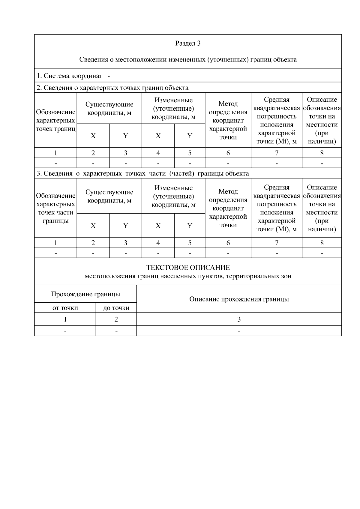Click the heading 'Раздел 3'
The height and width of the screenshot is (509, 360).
pos(188,43)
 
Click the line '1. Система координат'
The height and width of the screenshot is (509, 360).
pos(70,76)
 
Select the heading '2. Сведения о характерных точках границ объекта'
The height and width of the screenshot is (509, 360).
pos(112,88)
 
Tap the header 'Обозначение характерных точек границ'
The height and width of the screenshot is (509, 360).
pos(55,121)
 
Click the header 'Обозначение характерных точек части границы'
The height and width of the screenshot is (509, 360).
pos(55,208)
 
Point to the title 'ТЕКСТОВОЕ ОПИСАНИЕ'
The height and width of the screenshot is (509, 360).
pos(188,267)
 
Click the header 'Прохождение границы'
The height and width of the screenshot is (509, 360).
pos(85,294)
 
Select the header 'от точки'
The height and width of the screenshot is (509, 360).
pos(65,308)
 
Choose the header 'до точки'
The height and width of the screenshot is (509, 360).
pos(116,308)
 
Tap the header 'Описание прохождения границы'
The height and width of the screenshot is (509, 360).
pos(239,299)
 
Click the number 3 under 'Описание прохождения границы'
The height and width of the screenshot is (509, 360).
pos(239,319)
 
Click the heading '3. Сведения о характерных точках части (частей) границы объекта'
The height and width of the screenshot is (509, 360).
pos(142,174)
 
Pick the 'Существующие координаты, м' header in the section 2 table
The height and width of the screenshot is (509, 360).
pos(109,109)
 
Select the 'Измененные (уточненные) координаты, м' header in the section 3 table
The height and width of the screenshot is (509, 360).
pos(173,196)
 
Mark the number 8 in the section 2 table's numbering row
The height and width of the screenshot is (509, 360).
pos(322,153)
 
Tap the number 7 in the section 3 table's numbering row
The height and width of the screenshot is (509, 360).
pos(276,243)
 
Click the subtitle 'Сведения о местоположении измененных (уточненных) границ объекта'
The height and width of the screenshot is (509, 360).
pos(188,59)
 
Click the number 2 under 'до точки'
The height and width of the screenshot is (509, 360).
pos(116,319)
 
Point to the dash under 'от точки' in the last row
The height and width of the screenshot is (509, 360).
pos(65,331)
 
